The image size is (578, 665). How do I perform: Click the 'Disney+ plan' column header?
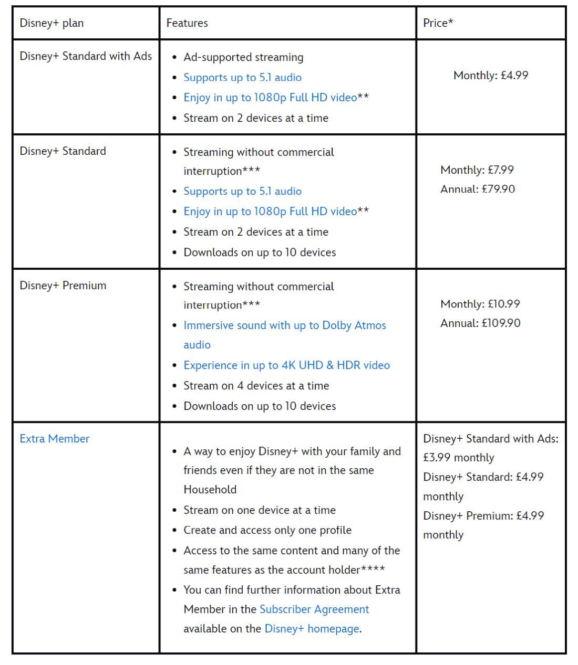[x=51, y=23]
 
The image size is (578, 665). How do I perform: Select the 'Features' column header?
[x=187, y=23]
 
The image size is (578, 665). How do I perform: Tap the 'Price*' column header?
[x=438, y=23]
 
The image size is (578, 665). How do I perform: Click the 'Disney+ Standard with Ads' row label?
[x=86, y=56]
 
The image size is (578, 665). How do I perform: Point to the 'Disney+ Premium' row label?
[x=63, y=286]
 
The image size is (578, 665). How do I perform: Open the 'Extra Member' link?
[x=55, y=439]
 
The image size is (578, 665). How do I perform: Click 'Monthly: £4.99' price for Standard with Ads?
[x=491, y=76]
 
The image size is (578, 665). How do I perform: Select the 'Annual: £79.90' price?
[x=478, y=189]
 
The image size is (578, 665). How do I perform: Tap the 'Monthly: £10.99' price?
[x=480, y=304]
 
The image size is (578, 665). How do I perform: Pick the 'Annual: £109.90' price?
[x=480, y=323]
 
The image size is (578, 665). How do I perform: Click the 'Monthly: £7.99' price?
[x=477, y=170]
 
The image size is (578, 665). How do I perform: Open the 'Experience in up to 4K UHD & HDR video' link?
[x=286, y=365]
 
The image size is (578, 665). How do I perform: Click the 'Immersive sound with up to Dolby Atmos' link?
[x=284, y=325]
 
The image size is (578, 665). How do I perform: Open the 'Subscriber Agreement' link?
[x=314, y=609]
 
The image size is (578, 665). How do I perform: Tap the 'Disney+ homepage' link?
[x=312, y=629]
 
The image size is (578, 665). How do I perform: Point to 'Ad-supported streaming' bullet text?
[x=243, y=57]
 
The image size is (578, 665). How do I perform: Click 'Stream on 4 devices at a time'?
[x=256, y=386]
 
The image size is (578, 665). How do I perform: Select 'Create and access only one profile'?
[x=267, y=530]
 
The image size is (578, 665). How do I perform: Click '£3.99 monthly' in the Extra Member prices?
[x=459, y=458]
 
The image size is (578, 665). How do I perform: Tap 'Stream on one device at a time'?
[x=260, y=510]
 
